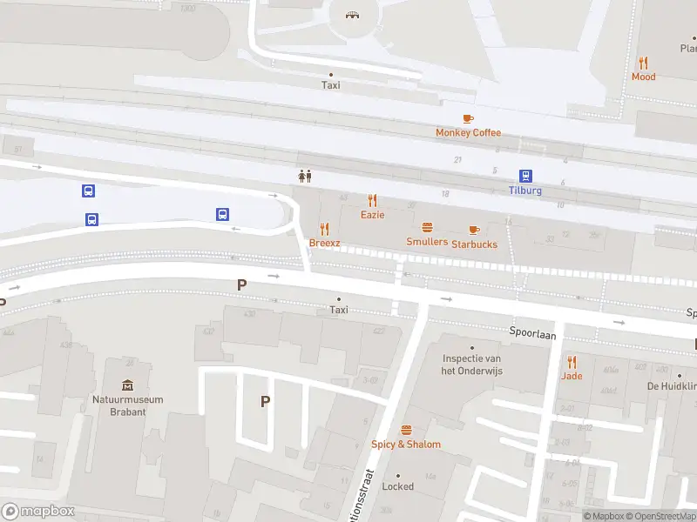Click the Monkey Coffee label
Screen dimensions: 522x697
click(468, 132)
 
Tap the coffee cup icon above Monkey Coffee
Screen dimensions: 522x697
click(468, 118)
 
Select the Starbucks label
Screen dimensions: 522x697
click(474, 244)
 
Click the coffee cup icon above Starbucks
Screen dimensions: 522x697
click(474, 230)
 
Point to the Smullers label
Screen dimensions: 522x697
click(427, 242)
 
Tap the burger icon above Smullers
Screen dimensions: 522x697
click(427, 227)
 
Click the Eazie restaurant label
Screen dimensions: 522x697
click(372, 214)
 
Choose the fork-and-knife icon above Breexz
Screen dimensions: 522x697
click(324, 228)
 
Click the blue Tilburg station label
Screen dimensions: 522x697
click(525, 191)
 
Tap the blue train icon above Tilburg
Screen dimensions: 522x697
click(525, 176)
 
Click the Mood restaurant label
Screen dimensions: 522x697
click(643, 77)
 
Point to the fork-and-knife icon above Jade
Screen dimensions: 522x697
click(572, 362)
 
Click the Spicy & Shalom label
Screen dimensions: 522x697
click(406, 445)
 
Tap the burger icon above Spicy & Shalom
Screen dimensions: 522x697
click(406, 430)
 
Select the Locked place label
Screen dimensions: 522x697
click(398, 487)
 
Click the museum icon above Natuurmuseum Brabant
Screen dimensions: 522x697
click(127, 385)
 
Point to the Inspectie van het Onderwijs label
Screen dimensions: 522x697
click(470, 365)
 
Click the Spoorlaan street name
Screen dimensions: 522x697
click(533, 332)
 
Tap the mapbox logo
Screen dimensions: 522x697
click(38, 512)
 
